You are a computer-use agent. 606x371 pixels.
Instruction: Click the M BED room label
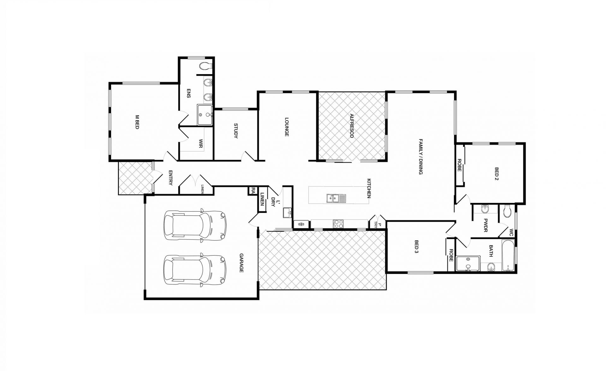point(137,122)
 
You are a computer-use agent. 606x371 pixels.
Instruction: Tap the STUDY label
point(235,131)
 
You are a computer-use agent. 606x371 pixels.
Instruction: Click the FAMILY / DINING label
point(420,156)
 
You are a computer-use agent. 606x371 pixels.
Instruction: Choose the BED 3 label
point(416,247)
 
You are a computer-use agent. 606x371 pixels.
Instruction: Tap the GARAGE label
point(241,263)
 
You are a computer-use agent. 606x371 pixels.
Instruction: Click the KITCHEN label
point(369,188)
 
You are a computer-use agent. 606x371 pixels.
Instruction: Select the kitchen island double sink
point(336,198)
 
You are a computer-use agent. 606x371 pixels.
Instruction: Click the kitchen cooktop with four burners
point(338,224)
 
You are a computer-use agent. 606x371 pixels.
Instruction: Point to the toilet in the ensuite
point(206,66)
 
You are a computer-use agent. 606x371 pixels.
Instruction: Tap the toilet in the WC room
point(507,211)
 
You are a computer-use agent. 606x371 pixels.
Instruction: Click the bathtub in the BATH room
point(508,256)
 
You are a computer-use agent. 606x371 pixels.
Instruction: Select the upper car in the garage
point(195,226)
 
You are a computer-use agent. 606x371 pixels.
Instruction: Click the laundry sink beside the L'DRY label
point(287,213)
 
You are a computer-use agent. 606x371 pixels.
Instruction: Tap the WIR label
point(201,144)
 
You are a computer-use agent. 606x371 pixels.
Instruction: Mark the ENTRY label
point(170,178)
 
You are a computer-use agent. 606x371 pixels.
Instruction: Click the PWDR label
point(485,226)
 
